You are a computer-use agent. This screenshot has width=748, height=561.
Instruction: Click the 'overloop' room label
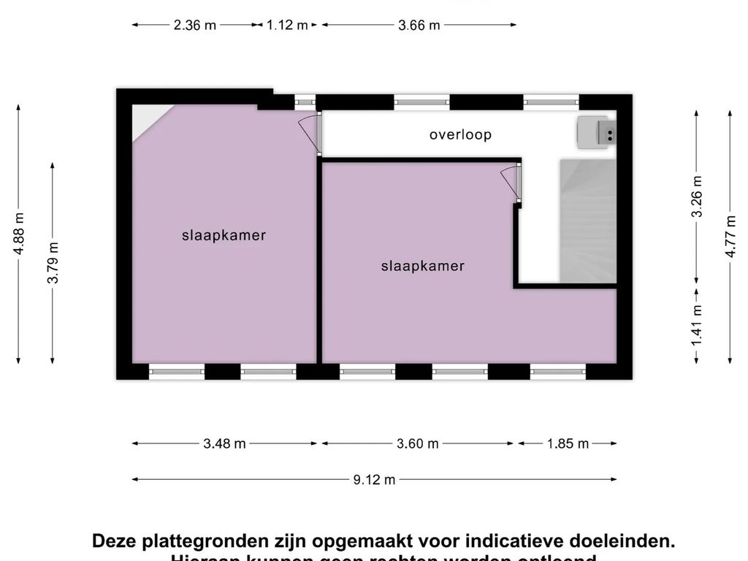(x=460, y=134)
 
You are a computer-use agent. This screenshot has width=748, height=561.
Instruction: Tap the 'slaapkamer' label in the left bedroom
(x=224, y=235)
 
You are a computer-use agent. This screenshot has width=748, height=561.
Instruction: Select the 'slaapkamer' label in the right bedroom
(x=422, y=266)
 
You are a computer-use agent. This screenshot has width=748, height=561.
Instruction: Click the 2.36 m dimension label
(x=194, y=25)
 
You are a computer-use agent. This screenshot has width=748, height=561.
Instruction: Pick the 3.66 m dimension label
(x=419, y=25)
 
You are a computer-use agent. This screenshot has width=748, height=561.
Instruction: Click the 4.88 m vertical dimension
(x=19, y=232)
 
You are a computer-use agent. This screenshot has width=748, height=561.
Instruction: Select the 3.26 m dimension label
(x=697, y=196)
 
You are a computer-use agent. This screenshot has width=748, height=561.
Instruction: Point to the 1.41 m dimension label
(x=697, y=324)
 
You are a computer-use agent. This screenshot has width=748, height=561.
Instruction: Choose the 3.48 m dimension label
(x=224, y=443)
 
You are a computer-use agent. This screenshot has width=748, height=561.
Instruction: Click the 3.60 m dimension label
(x=417, y=443)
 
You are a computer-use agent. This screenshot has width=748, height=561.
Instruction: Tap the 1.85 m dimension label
(x=568, y=443)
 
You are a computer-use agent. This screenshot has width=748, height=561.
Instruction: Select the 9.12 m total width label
(x=374, y=480)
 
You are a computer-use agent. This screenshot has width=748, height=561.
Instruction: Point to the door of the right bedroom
(x=511, y=183)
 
